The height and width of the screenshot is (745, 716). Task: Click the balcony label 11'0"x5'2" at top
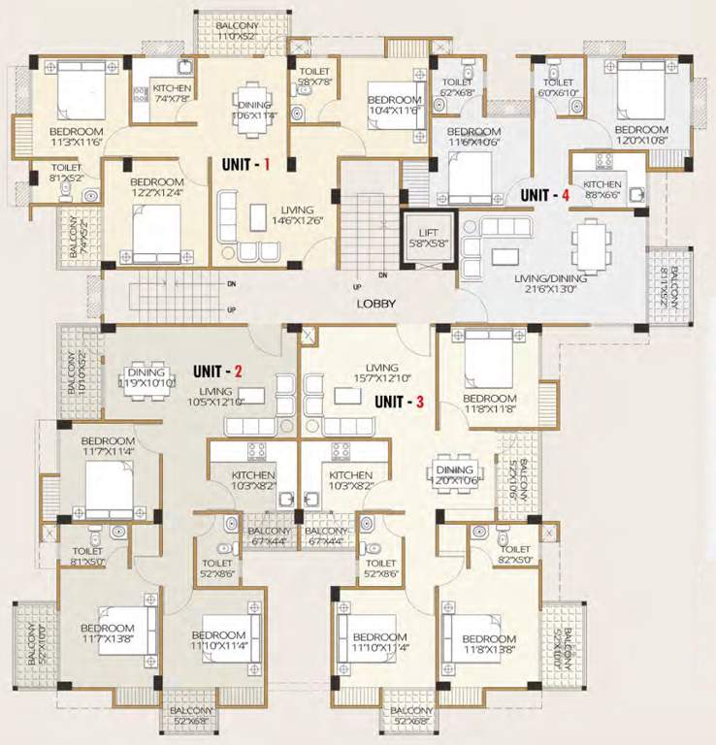pyautogui.click(x=238, y=30)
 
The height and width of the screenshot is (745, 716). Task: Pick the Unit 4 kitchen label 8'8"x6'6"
pyautogui.click(x=602, y=189)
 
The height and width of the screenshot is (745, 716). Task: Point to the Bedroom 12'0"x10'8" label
pyautogui.click(x=641, y=135)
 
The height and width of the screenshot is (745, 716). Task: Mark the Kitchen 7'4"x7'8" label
pyautogui.click(x=172, y=92)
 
